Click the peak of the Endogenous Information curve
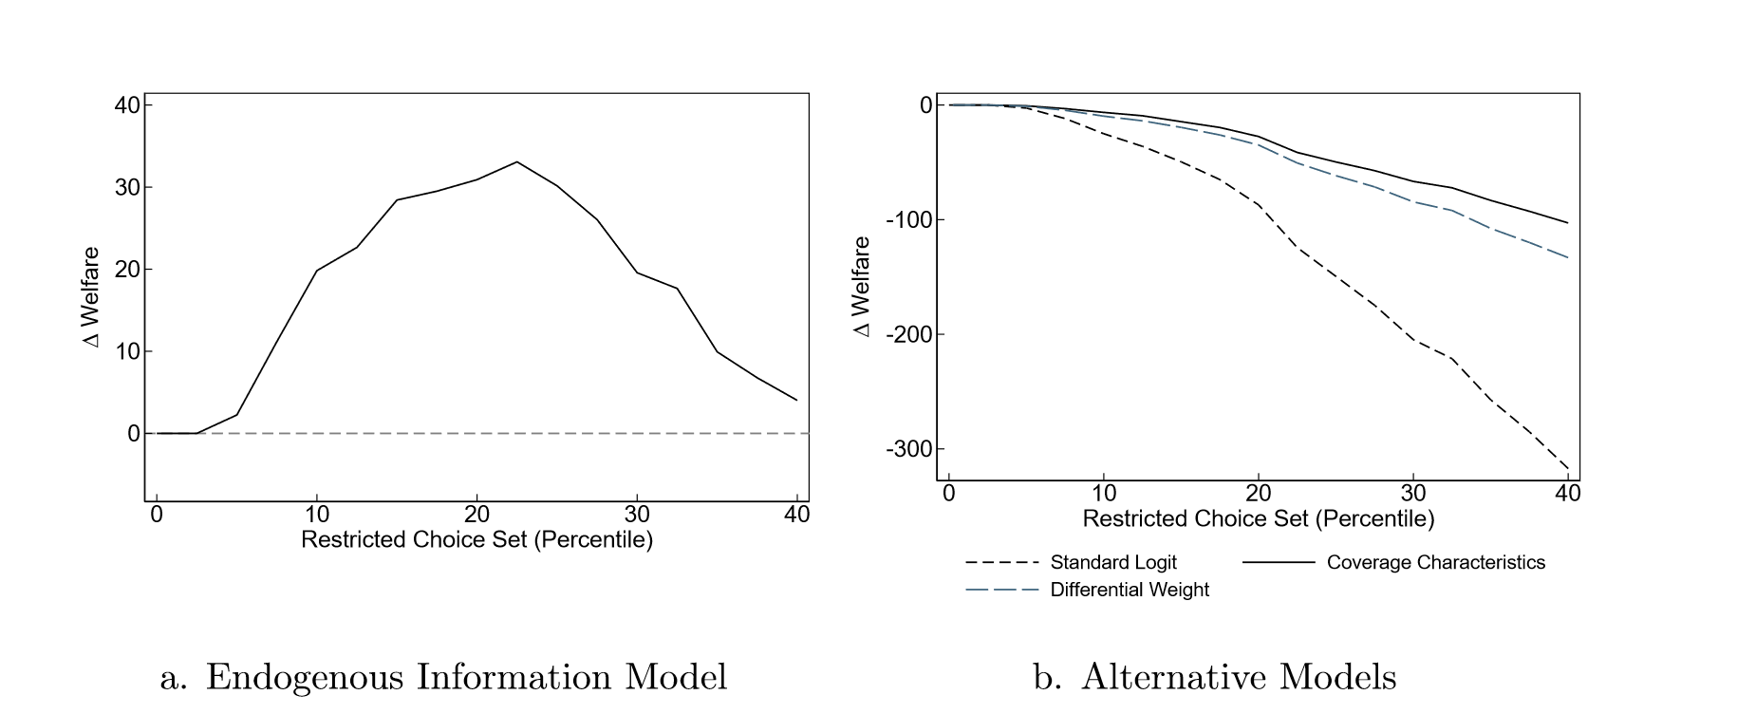point(516,161)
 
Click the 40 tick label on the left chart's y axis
point(127,104)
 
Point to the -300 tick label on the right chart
point(909,448)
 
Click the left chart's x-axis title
point(476,540)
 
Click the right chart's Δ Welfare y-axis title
point(862,286)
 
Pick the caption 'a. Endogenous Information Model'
point(443,677)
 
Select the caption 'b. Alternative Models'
point(1215,677)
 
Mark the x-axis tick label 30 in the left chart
point(637,515)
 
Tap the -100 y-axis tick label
point(909,219)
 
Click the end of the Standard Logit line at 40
point(1567,468)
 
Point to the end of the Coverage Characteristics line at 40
point(1567,223)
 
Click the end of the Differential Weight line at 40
point(1567,257)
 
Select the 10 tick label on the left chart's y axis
point(127,351)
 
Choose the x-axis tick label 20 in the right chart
point(1258,494)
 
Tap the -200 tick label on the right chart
point(909,334)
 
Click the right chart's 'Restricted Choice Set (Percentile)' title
point(1258,519)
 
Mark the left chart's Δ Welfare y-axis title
point(91,297)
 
